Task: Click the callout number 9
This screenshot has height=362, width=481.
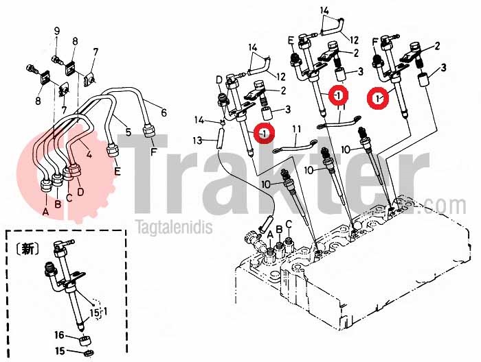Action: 57,32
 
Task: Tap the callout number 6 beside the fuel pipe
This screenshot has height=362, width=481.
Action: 164,112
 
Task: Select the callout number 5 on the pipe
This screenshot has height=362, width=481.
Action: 128,132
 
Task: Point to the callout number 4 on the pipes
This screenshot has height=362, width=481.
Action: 89,154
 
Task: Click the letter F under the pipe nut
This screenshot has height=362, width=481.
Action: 154,151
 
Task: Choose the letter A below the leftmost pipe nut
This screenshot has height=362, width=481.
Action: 46,211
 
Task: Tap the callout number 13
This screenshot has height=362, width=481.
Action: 198,141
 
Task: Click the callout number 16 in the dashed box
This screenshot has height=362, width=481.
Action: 60,335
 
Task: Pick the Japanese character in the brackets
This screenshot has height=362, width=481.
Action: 27,250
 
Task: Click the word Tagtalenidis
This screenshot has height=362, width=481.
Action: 175,228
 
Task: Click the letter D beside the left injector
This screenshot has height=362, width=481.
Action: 219,80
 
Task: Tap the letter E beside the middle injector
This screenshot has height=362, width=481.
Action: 291,40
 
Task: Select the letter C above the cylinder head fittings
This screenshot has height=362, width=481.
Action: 289,224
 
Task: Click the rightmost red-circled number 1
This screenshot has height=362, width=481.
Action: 378,98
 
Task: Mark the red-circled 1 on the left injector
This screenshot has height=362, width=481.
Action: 265,133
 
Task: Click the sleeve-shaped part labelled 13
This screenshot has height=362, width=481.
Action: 220,138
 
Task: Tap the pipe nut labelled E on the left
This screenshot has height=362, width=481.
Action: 111,151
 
